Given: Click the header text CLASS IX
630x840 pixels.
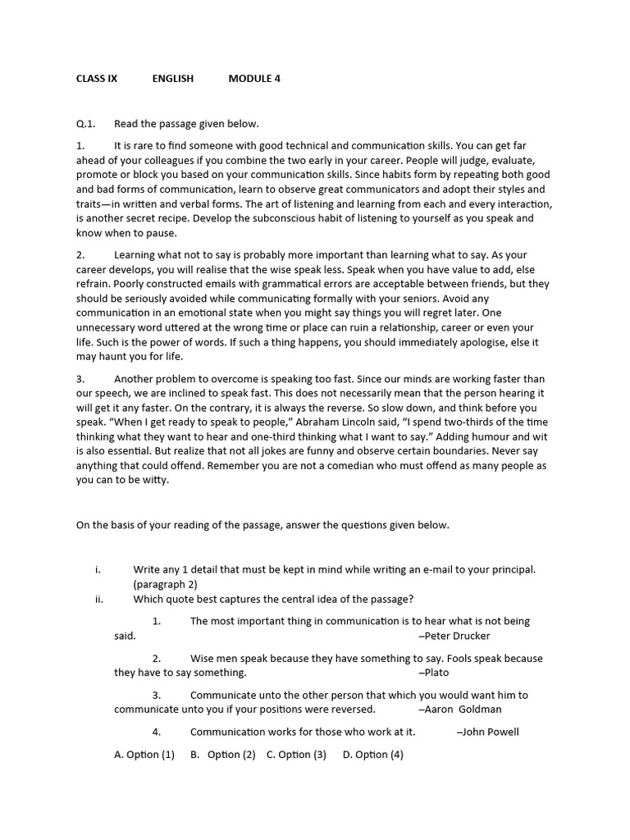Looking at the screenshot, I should click(x=97, y=79).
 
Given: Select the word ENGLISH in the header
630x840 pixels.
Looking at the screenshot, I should click(x=173, y=79).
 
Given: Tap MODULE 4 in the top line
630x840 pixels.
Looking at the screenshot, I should click(x=254, y=79).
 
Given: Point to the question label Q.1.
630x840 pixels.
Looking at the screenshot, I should click(x=85, y=124).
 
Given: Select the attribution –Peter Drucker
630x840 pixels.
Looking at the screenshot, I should click(x=454, y=636).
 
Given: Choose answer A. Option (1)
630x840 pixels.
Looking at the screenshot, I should click(x=144, y=755).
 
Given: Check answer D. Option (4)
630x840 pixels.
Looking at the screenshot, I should click(x=373, y=755).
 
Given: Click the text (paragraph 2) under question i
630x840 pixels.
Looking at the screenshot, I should click(x=166, y=584).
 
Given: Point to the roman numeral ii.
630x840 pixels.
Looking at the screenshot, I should click(x=98, y=599).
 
